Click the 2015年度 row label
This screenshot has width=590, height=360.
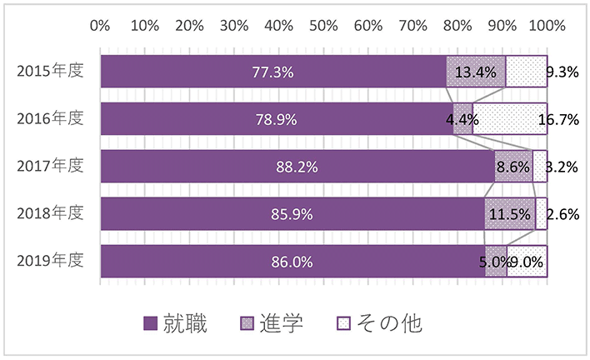[50, 72]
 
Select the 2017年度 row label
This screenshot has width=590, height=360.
[50, 166]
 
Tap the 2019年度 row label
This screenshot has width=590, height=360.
[50, 261]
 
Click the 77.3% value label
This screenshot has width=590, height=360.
[272, 72]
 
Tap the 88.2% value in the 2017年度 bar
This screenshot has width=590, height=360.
[297, 167]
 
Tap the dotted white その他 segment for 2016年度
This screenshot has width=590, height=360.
[510, 119]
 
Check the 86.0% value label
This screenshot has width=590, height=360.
[292, 261]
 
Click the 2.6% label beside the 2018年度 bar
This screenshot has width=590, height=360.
[563, 213]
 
